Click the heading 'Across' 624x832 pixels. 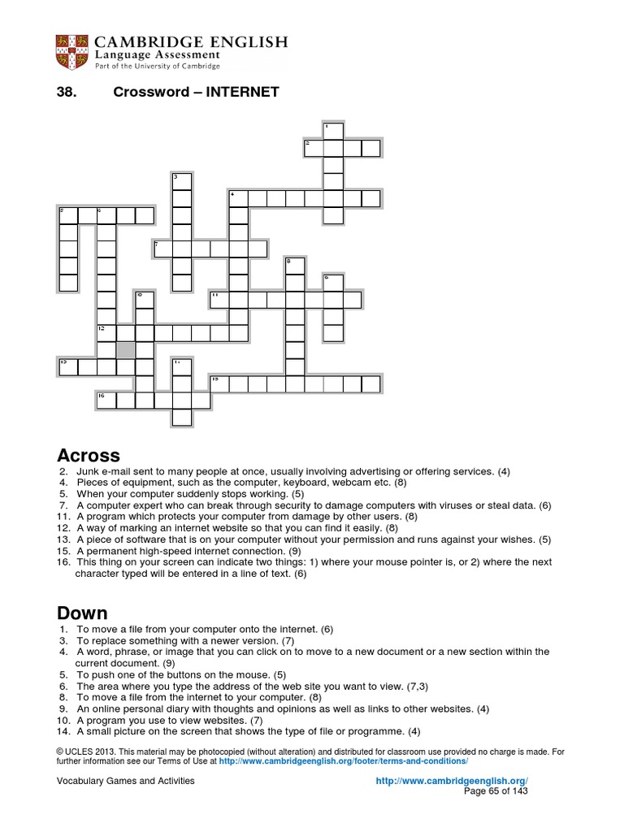click(89, 455)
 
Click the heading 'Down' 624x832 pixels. click(82, 612)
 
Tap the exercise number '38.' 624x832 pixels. click(66, 92)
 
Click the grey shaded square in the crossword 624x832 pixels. click(125, 350)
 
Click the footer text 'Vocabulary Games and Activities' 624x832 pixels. click(125, 781)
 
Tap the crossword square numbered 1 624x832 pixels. click(332, 131)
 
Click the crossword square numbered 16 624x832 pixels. click(106, 400)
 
